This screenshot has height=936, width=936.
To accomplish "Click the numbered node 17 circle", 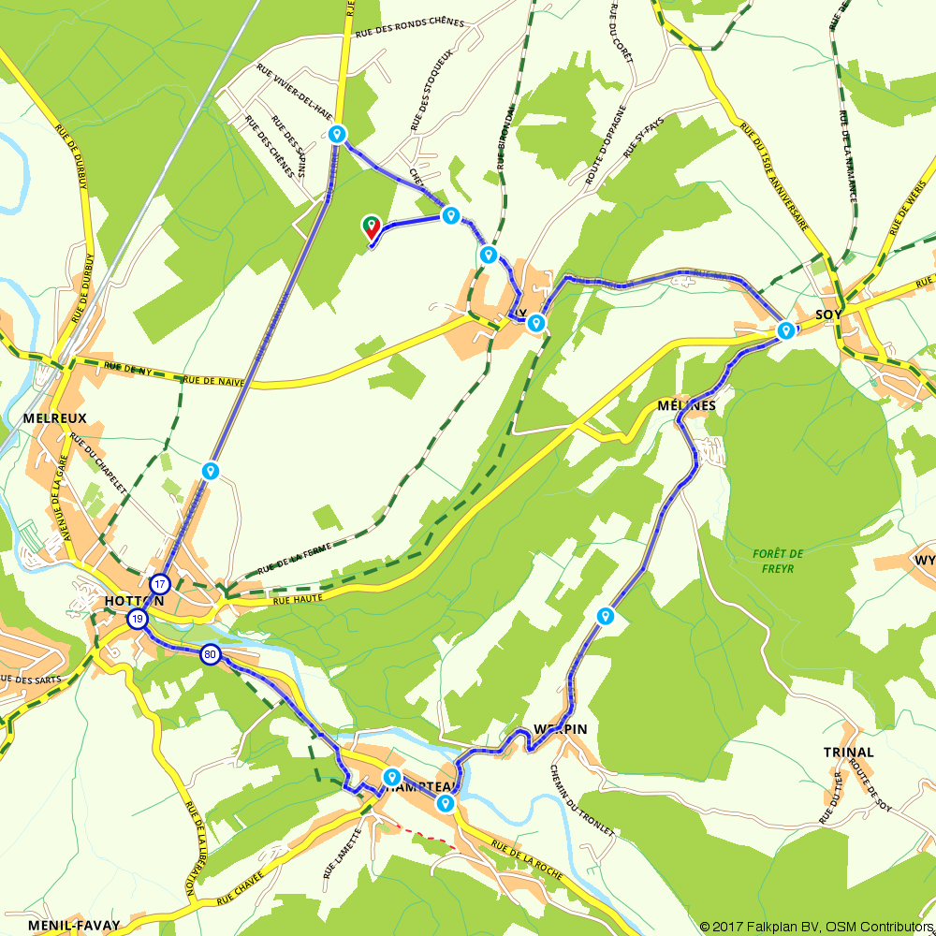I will coord(161,582).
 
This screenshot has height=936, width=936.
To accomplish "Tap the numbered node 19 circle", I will coord(138,619).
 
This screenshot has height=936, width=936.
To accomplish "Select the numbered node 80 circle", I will coord(212,655).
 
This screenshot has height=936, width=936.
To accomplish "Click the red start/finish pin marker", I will coord(371,226).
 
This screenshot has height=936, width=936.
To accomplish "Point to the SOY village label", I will coord(828,314).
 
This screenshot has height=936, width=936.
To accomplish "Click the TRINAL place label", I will coord(848,752).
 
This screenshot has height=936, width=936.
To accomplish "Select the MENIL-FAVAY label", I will coord(74,925).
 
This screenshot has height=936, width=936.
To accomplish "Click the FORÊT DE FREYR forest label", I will coord(778,560).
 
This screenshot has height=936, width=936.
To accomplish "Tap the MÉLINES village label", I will coord(686,405).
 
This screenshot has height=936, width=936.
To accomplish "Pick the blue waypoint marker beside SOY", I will coord(785,329).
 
